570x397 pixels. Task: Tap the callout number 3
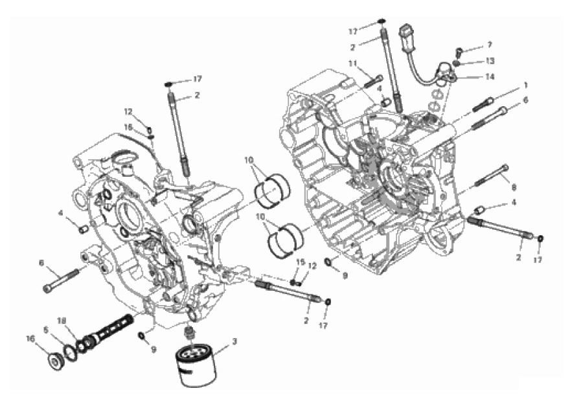234,341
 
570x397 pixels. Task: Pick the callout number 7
490,45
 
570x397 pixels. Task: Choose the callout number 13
490,61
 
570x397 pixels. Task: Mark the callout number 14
490,76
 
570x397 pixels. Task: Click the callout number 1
526,85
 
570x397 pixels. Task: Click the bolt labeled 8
492,176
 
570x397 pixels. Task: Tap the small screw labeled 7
459,51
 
